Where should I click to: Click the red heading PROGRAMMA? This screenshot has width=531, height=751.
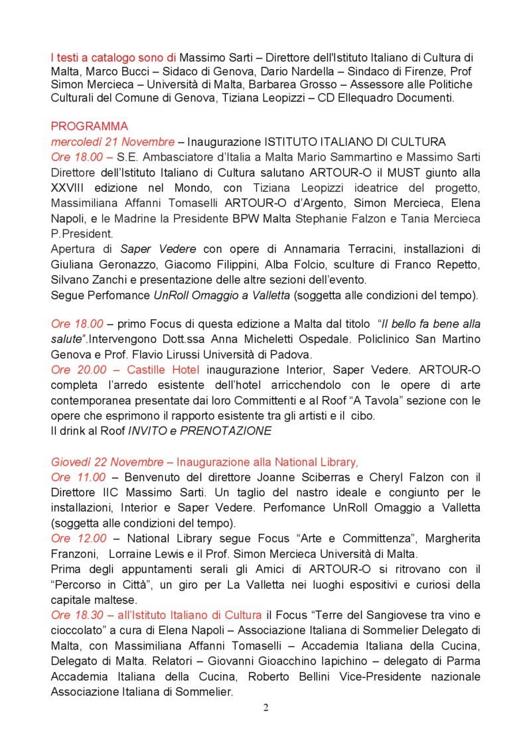90,126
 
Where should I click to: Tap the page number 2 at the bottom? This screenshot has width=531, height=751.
265,707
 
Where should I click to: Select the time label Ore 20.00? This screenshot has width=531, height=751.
77,370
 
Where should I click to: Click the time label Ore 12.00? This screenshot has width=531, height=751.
77,538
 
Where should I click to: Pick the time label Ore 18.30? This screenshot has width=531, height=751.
77,614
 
